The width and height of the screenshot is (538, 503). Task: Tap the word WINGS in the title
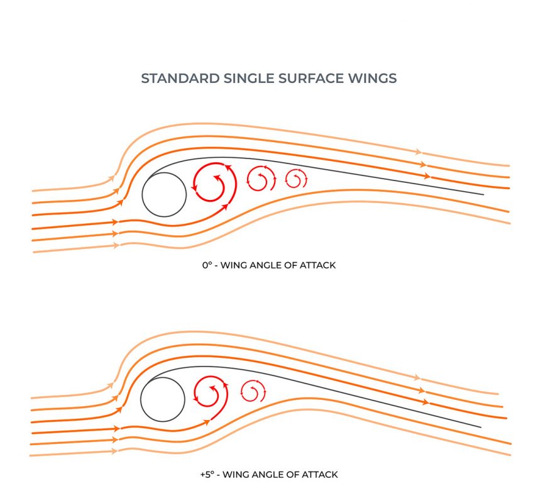pos(373,79)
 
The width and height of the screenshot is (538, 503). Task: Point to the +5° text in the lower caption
pos(208,474)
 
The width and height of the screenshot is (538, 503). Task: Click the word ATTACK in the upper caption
pos(319,265)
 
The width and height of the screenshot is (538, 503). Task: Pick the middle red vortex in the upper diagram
pos(260,179)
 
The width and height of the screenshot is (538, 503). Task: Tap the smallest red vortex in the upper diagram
pos(295,179)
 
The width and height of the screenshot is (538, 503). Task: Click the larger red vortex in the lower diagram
pos(211,394)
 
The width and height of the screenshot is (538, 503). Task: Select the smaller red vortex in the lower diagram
pos(251,392)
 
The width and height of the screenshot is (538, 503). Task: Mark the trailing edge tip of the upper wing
pos(483,194)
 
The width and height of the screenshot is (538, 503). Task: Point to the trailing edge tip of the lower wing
pos(481,427)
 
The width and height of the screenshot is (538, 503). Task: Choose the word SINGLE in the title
pos(243,79)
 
